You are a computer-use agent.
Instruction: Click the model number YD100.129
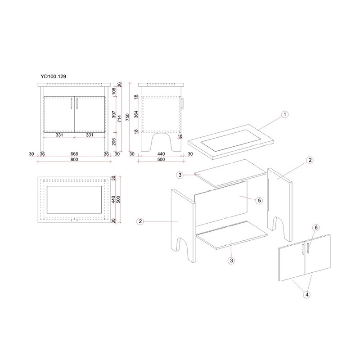click(x=53, y=76)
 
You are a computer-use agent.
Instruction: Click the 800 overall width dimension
click(x=74, y=159)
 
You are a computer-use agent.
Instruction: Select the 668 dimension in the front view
click(x=74, y=154)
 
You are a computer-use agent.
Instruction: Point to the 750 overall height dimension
click(x=127, y=117)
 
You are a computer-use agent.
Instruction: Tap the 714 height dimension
click(x=119, y=119)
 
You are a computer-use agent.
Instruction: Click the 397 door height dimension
click(x=114, y=114)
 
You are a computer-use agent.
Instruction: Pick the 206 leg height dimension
click(x=114, y=142)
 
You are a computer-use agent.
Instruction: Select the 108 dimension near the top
click(x=114, y=91)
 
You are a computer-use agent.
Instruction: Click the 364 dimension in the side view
click(x=136, y=114)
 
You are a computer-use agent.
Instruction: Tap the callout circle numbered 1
click(x=285, y=114)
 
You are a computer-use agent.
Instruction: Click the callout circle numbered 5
click(x=259, y=201)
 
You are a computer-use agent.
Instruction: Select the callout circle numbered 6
click(x=316, y=228)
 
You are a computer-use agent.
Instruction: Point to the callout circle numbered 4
click(x=307, y=294)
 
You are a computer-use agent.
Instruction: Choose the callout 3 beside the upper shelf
click(x=180, y=175)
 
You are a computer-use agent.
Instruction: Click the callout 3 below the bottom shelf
click(x=231, y=261)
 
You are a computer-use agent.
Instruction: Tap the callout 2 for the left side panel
click(x=140, y=221)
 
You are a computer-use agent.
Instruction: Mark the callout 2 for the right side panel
click(x=310, y=160)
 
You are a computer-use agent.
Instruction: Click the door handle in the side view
click(x=182, y=103)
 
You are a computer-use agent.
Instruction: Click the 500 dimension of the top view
click(x=118, y=199)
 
